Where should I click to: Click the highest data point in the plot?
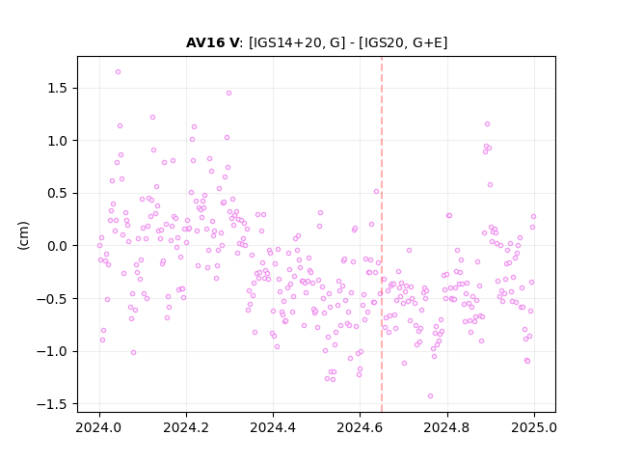(118, 72)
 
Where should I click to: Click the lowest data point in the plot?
(430, 396)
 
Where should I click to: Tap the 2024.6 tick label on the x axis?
(360, 427)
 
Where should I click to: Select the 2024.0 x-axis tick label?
(99, 427)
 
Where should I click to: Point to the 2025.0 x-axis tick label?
(534, 427)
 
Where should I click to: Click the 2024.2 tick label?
(186, 427)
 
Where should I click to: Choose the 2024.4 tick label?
(273, 427)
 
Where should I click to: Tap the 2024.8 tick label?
(446, 427)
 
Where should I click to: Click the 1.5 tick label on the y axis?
(57, 88)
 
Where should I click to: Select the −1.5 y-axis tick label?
(52, 404)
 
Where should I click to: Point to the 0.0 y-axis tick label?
(57, 246)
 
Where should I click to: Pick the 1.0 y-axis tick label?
(57, 141)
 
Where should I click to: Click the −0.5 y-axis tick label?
(52, 299)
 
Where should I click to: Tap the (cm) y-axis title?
(23, 235)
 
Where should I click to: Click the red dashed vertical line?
(382, 234)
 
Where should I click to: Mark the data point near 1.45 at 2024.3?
(228, 94)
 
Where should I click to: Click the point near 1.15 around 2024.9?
(487, 124)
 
